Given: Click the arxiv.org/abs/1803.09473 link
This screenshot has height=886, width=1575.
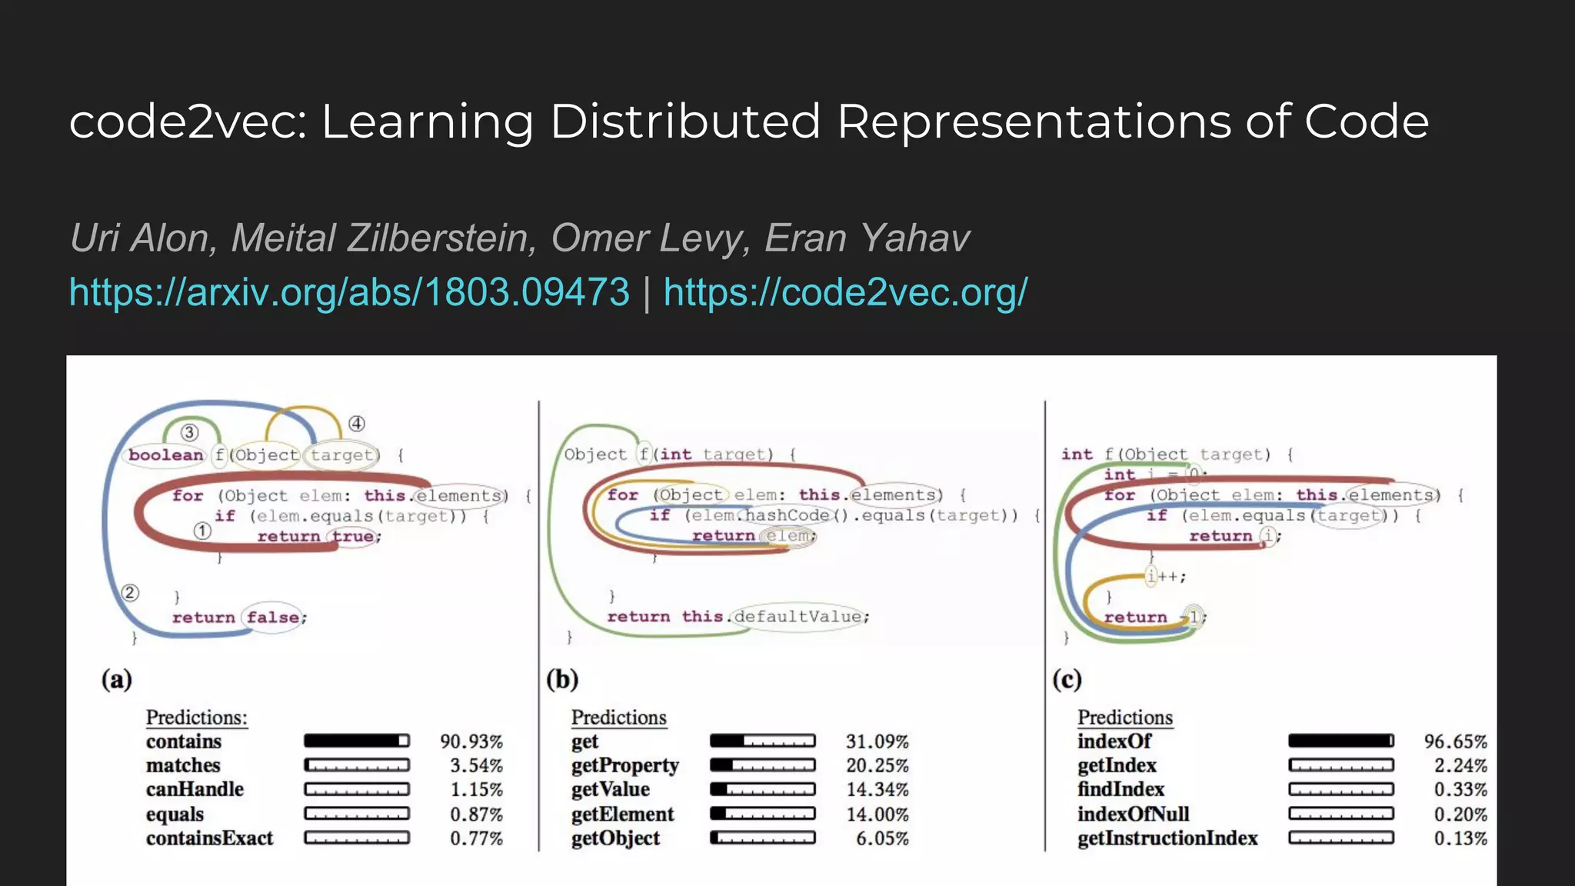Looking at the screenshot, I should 349,293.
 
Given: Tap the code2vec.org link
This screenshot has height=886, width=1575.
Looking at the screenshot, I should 845,293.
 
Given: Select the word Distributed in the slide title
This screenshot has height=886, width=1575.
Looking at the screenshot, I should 685,122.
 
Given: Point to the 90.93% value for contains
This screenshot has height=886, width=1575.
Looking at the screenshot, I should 471,741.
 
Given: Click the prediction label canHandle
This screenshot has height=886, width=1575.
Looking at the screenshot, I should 195,790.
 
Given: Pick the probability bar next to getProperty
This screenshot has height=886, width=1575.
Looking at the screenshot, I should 762,765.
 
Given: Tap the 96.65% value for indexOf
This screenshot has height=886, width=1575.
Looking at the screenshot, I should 1455,741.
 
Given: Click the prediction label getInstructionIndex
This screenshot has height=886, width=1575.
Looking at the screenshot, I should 1167,838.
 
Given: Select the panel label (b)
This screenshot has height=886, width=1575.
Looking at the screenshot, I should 562,680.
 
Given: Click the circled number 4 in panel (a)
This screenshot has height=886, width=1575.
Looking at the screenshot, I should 357,424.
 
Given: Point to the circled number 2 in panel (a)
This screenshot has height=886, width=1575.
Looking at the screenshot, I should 130,593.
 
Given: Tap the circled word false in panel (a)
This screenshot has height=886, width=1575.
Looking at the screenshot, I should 273,618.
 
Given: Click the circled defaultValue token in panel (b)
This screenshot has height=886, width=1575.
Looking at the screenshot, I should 797,617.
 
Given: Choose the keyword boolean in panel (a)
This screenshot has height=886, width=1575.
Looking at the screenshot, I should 166,455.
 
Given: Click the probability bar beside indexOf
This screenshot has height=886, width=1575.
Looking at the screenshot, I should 1340,741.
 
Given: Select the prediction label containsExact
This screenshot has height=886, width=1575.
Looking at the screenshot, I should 209,838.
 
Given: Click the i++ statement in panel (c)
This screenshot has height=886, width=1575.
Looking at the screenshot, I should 1165,576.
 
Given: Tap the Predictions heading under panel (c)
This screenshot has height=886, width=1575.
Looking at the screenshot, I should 1124,718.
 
